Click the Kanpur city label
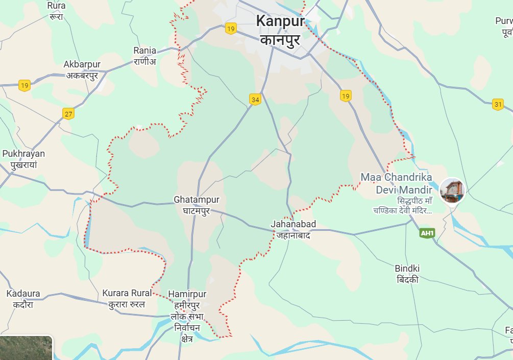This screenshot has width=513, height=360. pyautogui.click(x=280, y=21)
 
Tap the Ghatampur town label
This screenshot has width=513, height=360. pyautogui.click(x=192, y=200)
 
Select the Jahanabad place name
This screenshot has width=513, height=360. pyautogui.click(x=293, y=224)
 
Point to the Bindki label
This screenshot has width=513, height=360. pyautogui.click(x=407, y=269)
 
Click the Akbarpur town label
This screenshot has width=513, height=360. pyautogui.click(x=82, y=65)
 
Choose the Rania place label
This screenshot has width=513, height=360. pyautogui.click(x=145, y=51)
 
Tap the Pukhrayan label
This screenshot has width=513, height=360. pyautogui.click(x=23, y=154)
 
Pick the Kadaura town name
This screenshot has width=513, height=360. pyautogui.click(x=23, y=294)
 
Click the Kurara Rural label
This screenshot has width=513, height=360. pyautogui.click(x=127, y=293)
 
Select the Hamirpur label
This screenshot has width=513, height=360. pyautogui.click(x=188, y=295)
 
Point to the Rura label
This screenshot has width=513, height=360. pyautogui.click(x=56, y=6)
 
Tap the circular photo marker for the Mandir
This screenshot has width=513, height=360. pyautogui.click(x=452, y=191)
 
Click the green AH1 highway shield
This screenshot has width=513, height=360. pyautogui.click(x=427, y=233)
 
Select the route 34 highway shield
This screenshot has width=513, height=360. pyautogui.click(x=255, y=99)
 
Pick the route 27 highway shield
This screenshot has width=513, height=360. pyautogui.click(x=68, y=113)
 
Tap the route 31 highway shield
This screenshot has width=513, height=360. pyautogui.click(x=498, y=105)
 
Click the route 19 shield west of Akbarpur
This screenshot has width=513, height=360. pyautogui.click(x=24, y=85)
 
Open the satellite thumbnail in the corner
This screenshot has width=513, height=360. pyautogui.click(x=26, y=348)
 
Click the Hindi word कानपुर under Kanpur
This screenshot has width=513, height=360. pyautogui.click(x=280, y=40)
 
